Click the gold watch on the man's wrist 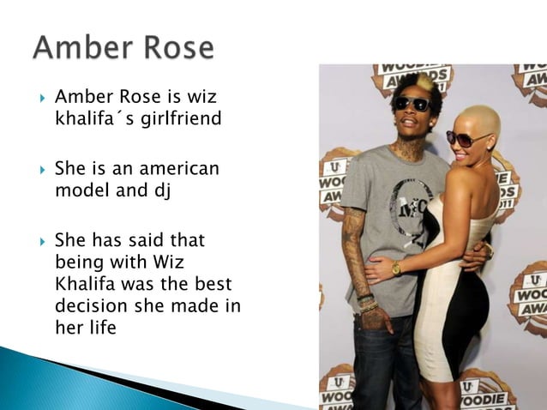[396, 268]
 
